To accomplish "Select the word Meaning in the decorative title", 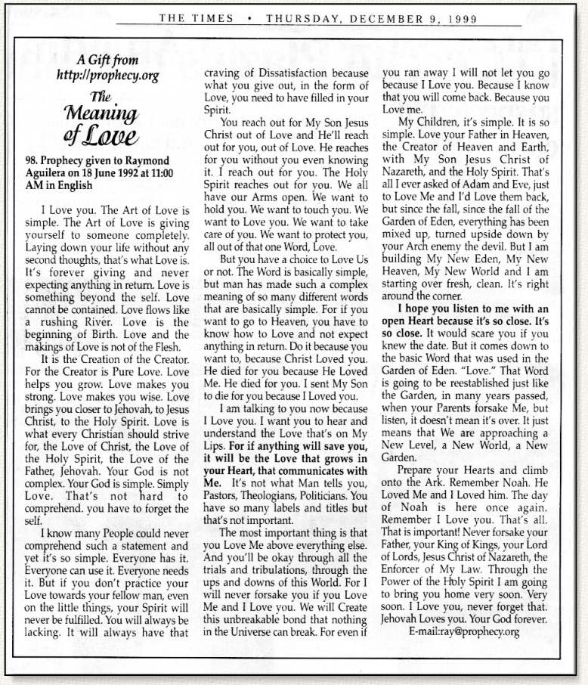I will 104,113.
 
